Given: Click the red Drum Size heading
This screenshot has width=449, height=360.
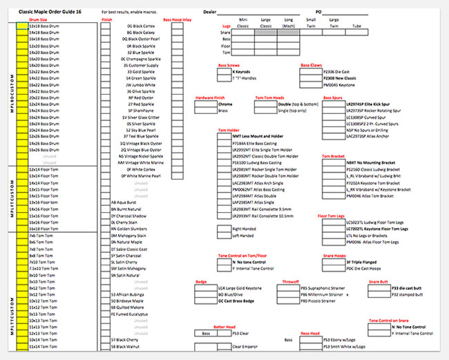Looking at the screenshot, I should [x=38, y=20].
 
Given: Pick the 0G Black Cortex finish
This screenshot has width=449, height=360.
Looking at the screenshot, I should [x=140, y=26].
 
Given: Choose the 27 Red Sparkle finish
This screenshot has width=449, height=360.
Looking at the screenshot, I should [x=140, y=104].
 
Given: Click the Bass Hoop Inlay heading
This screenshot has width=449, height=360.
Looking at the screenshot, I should [x=178, y=20].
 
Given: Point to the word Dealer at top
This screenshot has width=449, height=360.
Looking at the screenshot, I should [x=210, y=12].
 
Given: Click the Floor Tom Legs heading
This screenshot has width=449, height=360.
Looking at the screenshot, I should [x=332, y=216].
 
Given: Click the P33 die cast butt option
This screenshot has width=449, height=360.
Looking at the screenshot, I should [x=407, y=288].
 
